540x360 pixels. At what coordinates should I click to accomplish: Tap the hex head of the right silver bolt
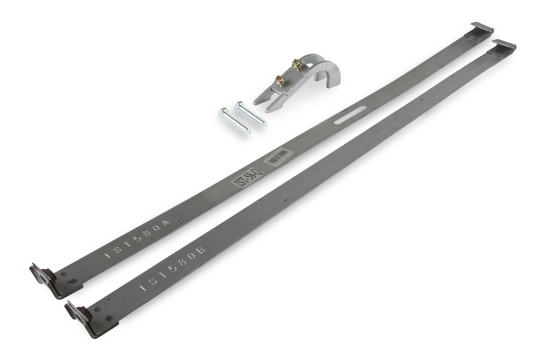[239, 105]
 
